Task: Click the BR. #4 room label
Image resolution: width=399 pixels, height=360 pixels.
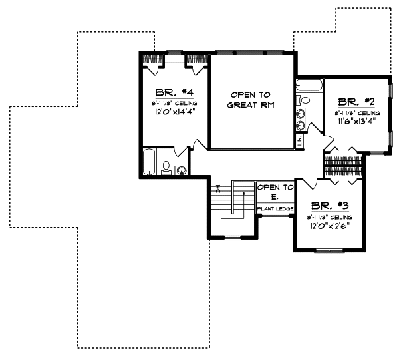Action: click(x=174, y=92)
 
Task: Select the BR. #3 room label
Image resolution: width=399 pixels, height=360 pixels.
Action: click(x=329, y=206)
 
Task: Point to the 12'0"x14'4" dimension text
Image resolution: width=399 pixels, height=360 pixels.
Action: click(x=174, y=114)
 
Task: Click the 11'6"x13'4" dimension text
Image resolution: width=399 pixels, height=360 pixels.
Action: click(x=357, y=122)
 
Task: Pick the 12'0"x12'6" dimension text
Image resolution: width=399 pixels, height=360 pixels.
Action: click(x=329, y=226)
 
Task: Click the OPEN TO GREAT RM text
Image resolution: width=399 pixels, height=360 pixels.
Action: click(x=251, y=100)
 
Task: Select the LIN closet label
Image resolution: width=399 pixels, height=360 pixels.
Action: click(x=300, y=140)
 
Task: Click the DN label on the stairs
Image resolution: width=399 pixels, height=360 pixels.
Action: click(x=218, y=188)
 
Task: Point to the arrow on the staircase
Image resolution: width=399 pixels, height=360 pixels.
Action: click(x=243, y=192)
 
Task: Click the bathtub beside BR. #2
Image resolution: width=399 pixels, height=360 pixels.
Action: click(x=309, y=86)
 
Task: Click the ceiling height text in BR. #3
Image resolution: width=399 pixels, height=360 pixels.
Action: click(x=329, y=217)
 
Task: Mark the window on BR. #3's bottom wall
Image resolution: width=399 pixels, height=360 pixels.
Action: click(x=329, y=250)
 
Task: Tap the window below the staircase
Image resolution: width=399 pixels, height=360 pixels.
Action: click(x=233, y=237)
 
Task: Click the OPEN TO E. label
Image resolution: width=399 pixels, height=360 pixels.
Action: click(x=275, y=192)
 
